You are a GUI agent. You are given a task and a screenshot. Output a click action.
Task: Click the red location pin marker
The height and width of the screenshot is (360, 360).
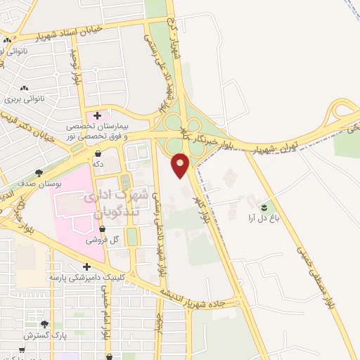[181, 165]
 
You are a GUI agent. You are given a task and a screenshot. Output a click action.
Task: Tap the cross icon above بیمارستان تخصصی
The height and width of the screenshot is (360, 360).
[97, 115]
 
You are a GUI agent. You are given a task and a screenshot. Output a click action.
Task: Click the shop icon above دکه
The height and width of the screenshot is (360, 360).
[97, 153]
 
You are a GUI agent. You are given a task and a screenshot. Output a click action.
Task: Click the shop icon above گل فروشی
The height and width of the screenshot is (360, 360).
[103, 229]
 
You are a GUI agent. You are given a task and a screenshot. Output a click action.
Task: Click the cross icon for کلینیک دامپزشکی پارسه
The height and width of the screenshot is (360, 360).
[86, 266]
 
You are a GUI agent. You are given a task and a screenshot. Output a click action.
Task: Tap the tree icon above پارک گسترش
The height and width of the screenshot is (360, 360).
[45, 324]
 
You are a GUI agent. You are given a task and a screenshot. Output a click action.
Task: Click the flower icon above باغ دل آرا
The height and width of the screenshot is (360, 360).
[264, 207]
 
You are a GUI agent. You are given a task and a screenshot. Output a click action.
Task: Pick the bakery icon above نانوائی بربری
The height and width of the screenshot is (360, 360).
[25, 89]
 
